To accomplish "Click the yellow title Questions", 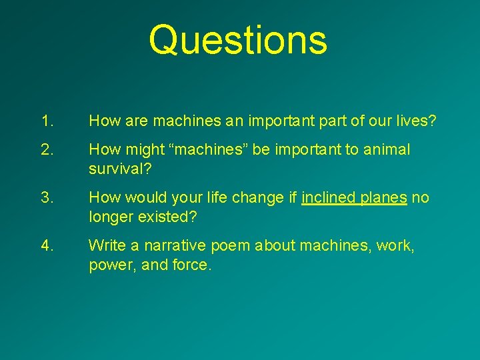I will coord(238,39).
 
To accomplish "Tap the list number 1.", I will coord(46,121).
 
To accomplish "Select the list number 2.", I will coord(47,150).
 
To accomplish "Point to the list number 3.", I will coord(47,198).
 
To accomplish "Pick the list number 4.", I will coord(47,246).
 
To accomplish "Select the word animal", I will coord(387,150).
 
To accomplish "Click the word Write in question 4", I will coord(105,246).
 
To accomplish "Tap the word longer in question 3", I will coord(110,217).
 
